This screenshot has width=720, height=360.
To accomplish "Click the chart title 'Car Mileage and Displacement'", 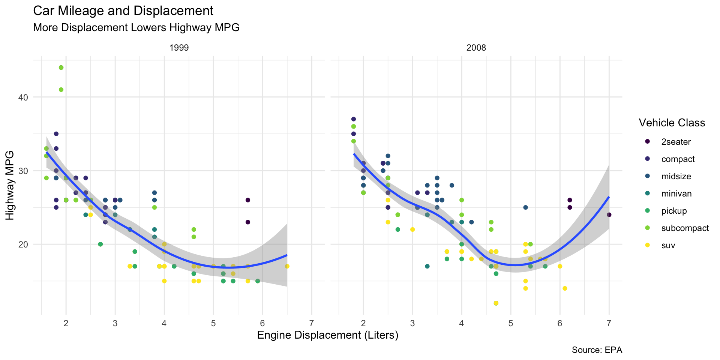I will (x=123, y=11).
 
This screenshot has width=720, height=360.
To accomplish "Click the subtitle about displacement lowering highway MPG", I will (x=136, y=28).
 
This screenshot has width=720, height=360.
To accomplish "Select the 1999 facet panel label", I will (x=179, y=48).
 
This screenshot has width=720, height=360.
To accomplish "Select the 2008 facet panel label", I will (x=476, y=48).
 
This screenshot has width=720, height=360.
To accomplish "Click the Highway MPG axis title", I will (x=10, y=185).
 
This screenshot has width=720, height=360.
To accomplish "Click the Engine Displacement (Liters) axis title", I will (x=327, y=335).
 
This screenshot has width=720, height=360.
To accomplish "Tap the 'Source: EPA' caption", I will (x=597, y=350).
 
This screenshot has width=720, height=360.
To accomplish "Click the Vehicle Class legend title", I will (x=672, y=123).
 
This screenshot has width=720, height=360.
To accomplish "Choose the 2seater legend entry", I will (x=676, y=142).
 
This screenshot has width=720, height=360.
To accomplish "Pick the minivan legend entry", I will (x=676, y=193).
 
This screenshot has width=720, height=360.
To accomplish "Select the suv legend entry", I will (x=668, y=246).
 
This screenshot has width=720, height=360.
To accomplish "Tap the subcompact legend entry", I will (x=685, y=228).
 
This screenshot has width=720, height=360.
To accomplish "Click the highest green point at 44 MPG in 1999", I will (x=61, y=67).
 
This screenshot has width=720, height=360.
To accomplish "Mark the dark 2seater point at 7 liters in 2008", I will (x=609, y=215).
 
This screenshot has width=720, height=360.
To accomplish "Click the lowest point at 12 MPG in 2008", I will (x=496, y=303).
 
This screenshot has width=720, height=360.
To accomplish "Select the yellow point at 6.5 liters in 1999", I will (x=287, y=266).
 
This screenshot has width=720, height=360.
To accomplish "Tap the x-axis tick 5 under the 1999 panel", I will (x=213, y=323).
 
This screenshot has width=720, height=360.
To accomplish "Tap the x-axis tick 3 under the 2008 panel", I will (x=412, y=323).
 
